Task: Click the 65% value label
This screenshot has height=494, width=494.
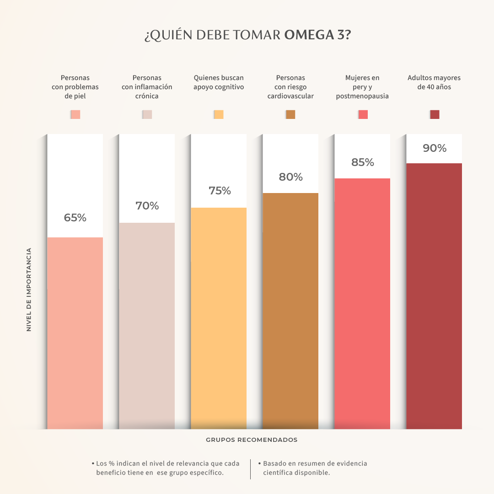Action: coord(75,218)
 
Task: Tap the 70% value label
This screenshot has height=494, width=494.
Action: coord(147,206)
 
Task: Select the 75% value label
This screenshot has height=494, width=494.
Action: coord(220,191)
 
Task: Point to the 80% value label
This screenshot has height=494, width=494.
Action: coord(291,177)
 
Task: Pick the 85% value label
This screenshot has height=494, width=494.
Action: coord(363,162)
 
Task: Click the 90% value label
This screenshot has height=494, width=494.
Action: coord(435,148)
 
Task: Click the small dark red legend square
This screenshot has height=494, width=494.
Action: coord(435,114)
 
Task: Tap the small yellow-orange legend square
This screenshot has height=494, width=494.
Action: coord(219,114)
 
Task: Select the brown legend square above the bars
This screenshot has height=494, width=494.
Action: coord(290,114)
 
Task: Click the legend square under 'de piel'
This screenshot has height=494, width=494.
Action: coord(75,114)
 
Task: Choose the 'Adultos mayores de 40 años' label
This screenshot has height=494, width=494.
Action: coord(434,82)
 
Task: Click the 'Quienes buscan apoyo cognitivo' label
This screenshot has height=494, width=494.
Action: coord(219,82)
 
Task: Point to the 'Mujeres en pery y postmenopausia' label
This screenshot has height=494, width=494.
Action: coord(362,87)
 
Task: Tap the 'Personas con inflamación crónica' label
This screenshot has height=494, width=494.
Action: coord(147,87)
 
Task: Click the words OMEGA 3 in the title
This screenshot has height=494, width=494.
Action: coord(317,35)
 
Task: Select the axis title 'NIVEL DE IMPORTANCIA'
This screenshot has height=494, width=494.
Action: coord(29,290)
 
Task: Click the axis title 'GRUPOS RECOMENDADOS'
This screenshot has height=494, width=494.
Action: coord(252,440)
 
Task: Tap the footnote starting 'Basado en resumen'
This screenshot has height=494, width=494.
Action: coord(315,468)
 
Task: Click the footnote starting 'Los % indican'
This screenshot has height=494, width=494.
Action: coord(167,468)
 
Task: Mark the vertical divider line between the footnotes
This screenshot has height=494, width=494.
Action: coord(251,469)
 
